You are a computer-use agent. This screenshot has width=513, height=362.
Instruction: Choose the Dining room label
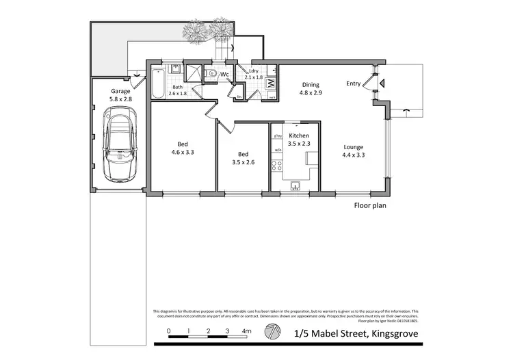(x=311, y=85)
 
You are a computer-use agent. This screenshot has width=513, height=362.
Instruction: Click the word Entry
(x=353, y=84)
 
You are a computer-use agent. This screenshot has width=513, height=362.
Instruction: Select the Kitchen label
(x=299, y=135)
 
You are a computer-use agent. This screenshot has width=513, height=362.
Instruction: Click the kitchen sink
(x=296, y=185)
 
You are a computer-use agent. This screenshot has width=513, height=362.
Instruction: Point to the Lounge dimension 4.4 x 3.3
(x=353, y=155)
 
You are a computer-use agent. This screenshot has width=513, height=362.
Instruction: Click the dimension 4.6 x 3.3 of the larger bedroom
(x=183, y=153)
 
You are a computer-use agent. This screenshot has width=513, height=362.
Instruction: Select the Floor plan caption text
(x=370, y=205)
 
